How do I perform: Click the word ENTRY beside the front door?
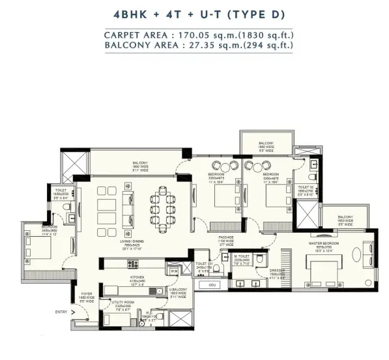pos(61,312)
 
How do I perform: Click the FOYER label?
pos(87,293)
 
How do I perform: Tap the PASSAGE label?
pos(225,238)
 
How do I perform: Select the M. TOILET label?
pos(242,257)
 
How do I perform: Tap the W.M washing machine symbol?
pos(173,270)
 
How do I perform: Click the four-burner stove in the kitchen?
pos(133,263)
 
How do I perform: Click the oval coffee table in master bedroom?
pos(362,250)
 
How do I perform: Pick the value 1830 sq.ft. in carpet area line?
pos(263,35)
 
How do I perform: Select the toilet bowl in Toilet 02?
pos(314,175)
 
